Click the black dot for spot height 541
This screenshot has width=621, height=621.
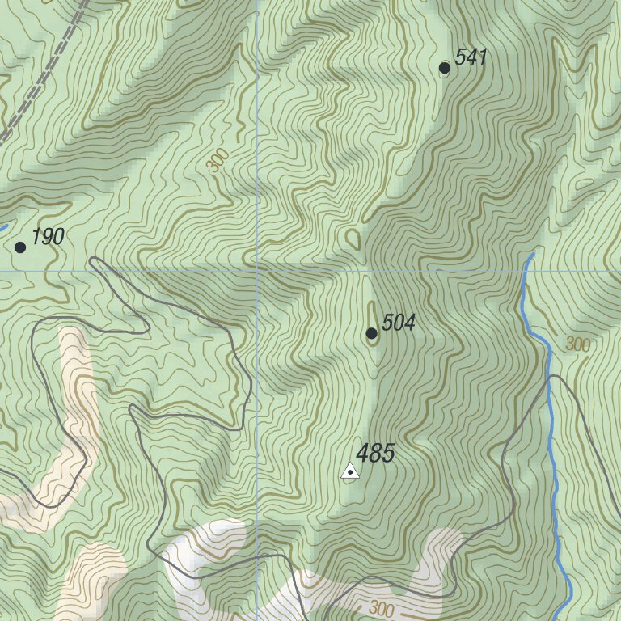pos(444,68)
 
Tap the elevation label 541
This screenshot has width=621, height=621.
pos(471,57)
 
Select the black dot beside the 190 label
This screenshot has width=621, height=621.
pos(20,247)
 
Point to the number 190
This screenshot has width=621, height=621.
pos(48,237)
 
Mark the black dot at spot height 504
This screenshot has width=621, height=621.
pos(371,333)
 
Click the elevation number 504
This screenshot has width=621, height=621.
pos(398,323)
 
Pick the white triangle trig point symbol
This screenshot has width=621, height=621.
pos(349,471)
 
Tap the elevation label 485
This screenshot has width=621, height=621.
pos(375,454)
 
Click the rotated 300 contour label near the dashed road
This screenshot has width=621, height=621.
pos(216,161)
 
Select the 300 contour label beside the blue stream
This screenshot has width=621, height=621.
pos(577,344)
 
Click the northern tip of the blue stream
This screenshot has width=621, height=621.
pos(532,255)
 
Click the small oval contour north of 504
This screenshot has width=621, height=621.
pos(353,239)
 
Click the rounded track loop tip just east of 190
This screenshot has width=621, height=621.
pos(95,261)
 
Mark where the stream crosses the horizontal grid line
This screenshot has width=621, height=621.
pos(527,270)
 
